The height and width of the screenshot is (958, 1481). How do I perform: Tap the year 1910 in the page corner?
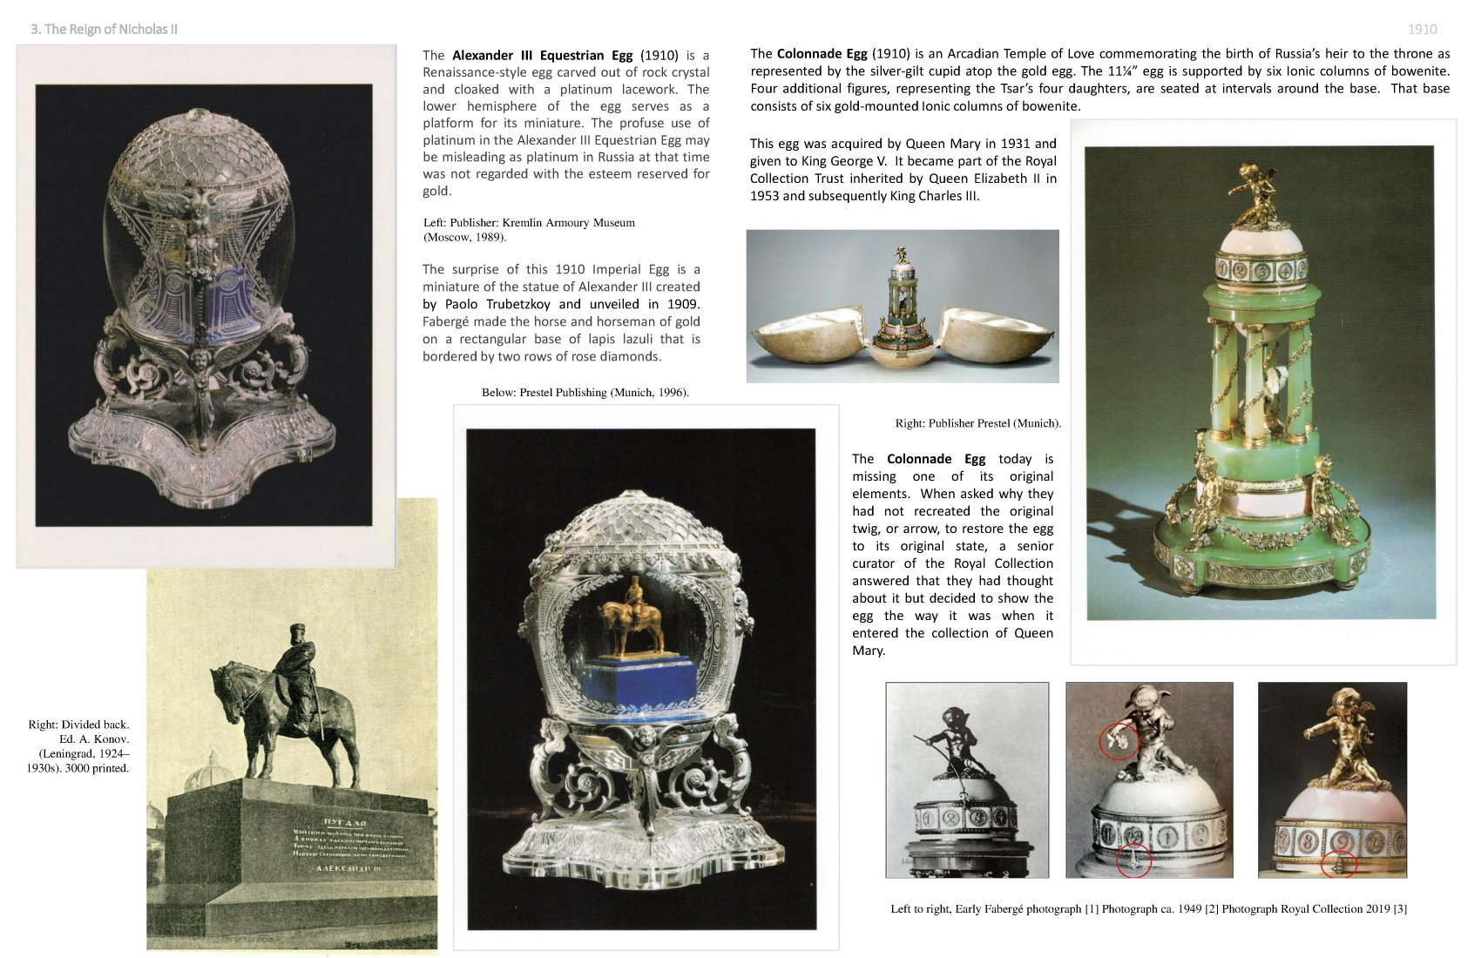pos(1422,29)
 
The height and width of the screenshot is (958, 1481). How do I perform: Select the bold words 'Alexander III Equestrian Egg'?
pos(542,55)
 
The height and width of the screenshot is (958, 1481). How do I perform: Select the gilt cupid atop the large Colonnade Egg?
pos(1252,192)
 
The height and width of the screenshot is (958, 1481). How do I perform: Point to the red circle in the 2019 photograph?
pos(1338,865)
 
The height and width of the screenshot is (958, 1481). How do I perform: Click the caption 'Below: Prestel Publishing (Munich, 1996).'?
pos(585,393)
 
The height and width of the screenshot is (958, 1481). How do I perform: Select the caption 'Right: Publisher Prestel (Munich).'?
pos(977,424)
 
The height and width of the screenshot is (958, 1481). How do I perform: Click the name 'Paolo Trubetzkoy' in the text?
pos(498,304)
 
